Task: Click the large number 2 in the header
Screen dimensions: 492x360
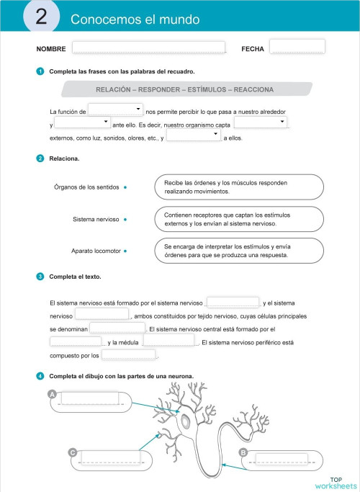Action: click(41, 19)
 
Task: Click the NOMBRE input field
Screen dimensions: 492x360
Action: click(148, 48)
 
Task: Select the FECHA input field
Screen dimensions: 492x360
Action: click(297, 47)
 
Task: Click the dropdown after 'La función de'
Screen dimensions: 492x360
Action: click(115, 109)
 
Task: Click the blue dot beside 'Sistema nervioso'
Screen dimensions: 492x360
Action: click(125, 218)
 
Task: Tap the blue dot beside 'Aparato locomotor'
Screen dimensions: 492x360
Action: click(125, 251)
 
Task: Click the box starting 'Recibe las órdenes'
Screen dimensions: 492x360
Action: click(238, 187)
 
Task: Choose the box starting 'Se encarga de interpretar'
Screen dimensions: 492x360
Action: click(238, 251)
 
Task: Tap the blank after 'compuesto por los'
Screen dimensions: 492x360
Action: click(128, 354)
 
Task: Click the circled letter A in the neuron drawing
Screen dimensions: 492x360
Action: click(52, 394)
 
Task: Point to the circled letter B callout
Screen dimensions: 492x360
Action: click(243, 452)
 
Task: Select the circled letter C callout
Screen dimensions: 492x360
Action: click(73, 452)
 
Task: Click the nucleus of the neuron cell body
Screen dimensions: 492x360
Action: click(186, 420)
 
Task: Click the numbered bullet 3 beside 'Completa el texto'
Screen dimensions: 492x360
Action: click(40, 277)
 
